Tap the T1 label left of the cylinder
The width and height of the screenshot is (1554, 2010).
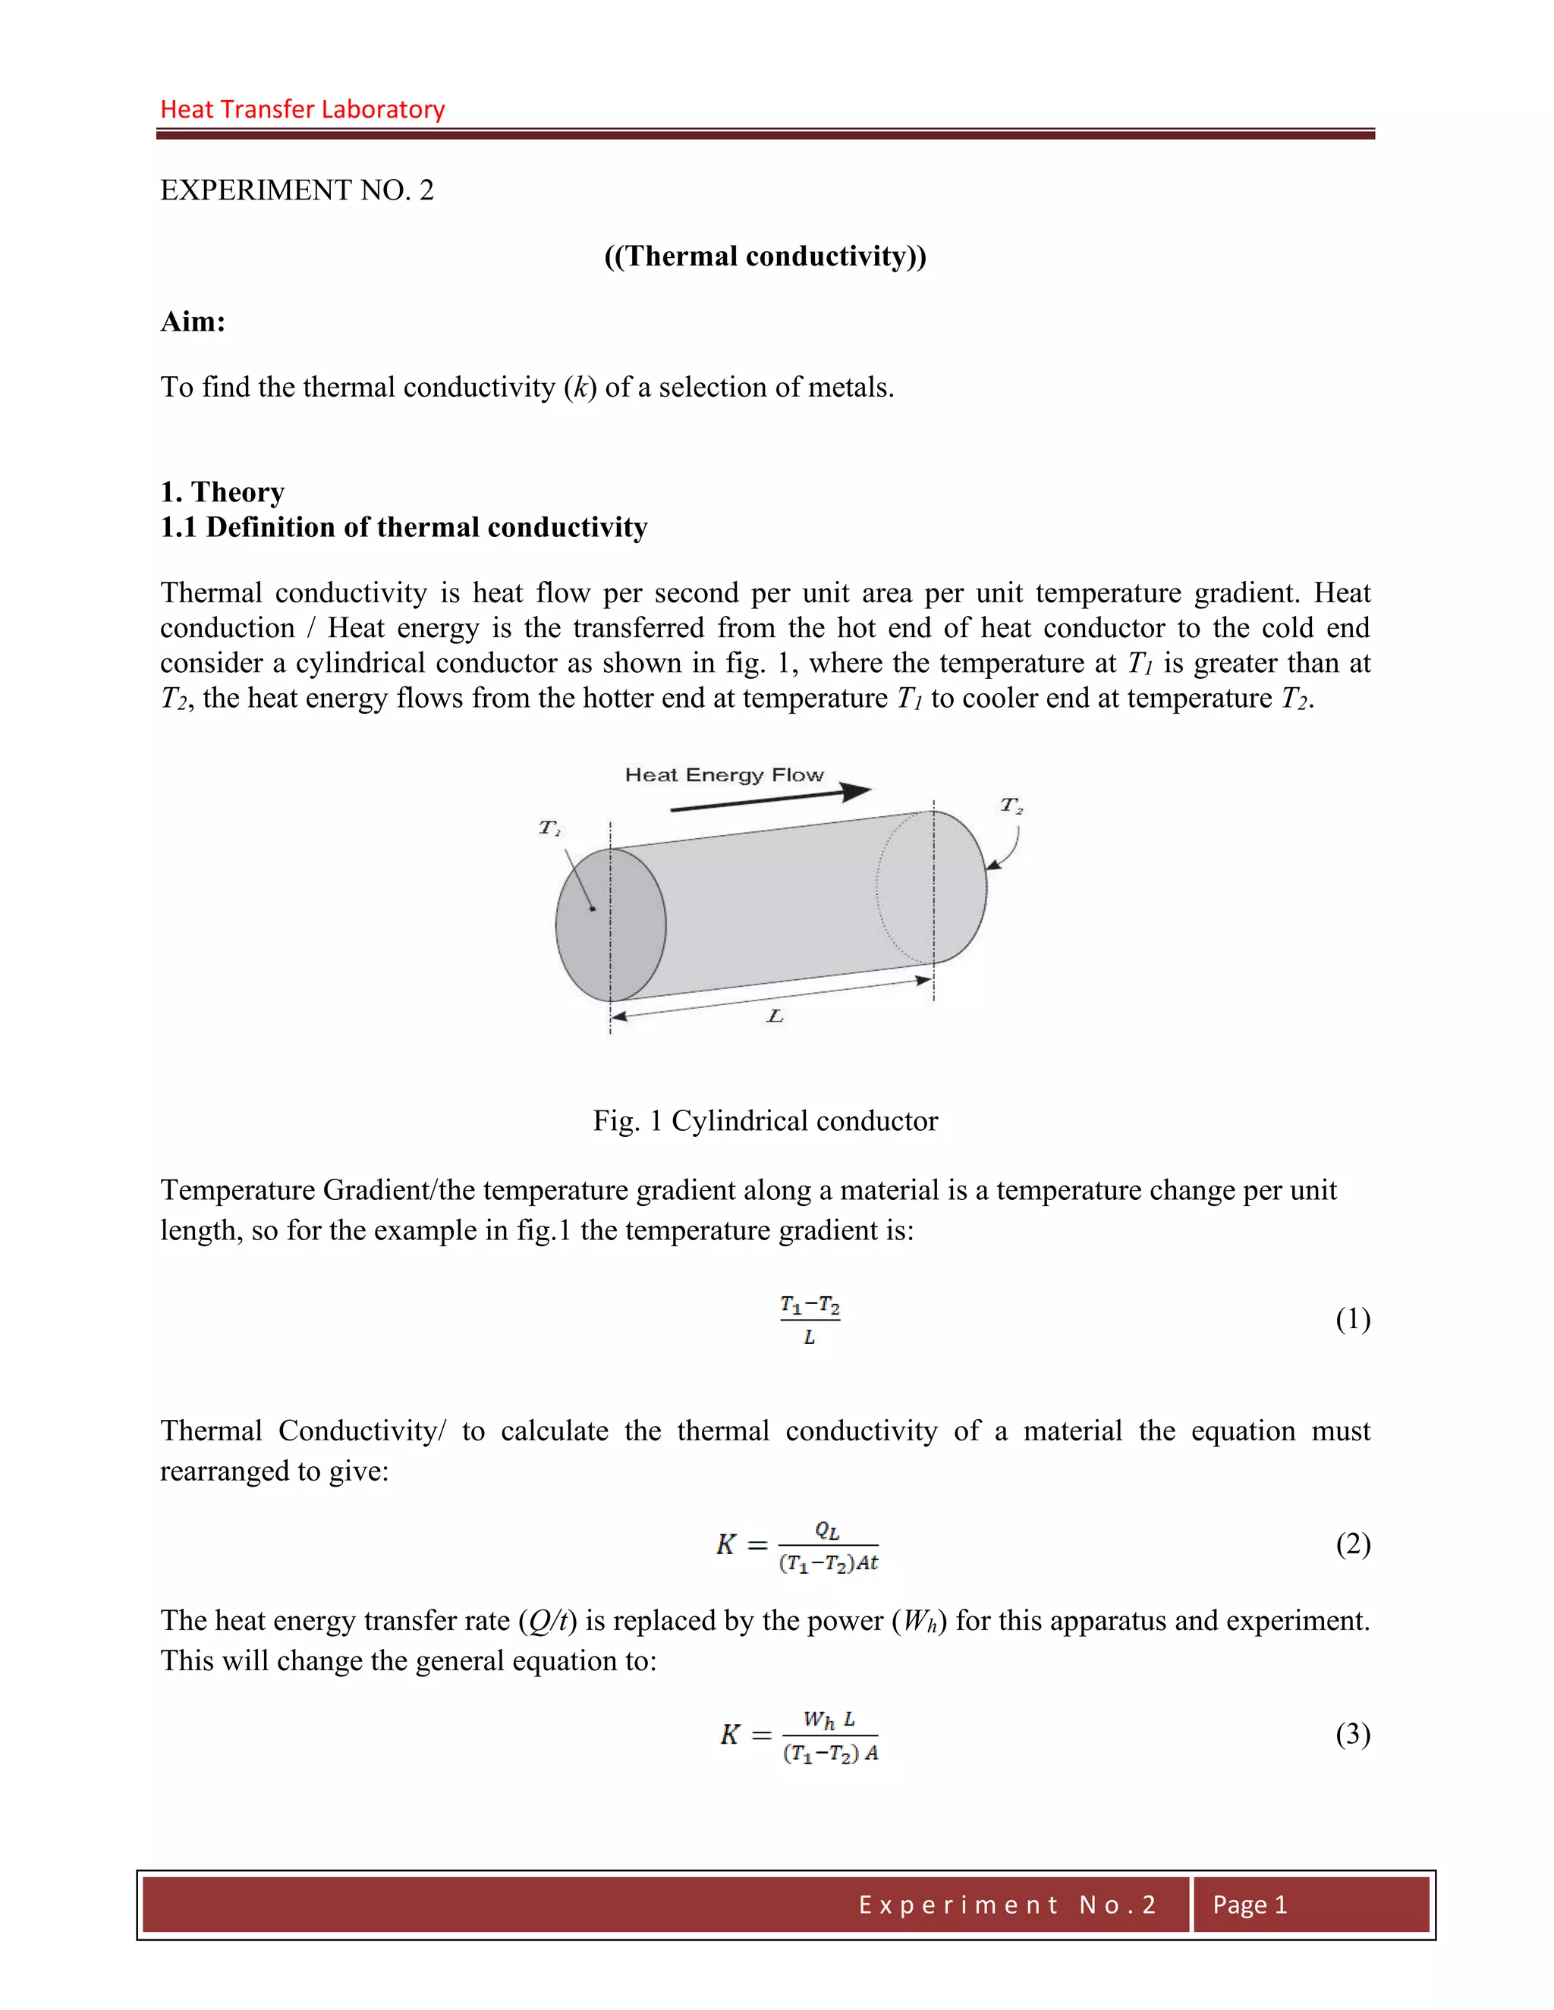(549, 828)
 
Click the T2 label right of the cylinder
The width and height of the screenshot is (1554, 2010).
(1011, 806)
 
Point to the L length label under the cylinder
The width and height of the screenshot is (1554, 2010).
(775, 1016)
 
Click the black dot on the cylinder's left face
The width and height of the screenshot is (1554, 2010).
(593, 909)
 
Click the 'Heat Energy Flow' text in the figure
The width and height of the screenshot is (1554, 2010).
(724, 775)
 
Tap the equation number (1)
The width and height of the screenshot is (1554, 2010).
(1352, 1319)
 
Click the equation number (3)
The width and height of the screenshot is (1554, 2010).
(1352, 1734)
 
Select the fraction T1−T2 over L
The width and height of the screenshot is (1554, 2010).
(809, 1320)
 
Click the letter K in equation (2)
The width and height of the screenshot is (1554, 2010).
(726, 1544)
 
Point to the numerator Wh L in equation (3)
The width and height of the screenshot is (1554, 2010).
(829, 1719)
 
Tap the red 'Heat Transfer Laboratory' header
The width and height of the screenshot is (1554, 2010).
(302, 109)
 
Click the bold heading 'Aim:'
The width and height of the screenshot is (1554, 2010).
(193, 321)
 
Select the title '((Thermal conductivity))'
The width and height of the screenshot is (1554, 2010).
(765, 256)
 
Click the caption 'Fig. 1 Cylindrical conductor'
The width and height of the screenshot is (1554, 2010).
(765, 1121)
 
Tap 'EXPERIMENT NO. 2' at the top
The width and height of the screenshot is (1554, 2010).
(297, 190)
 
